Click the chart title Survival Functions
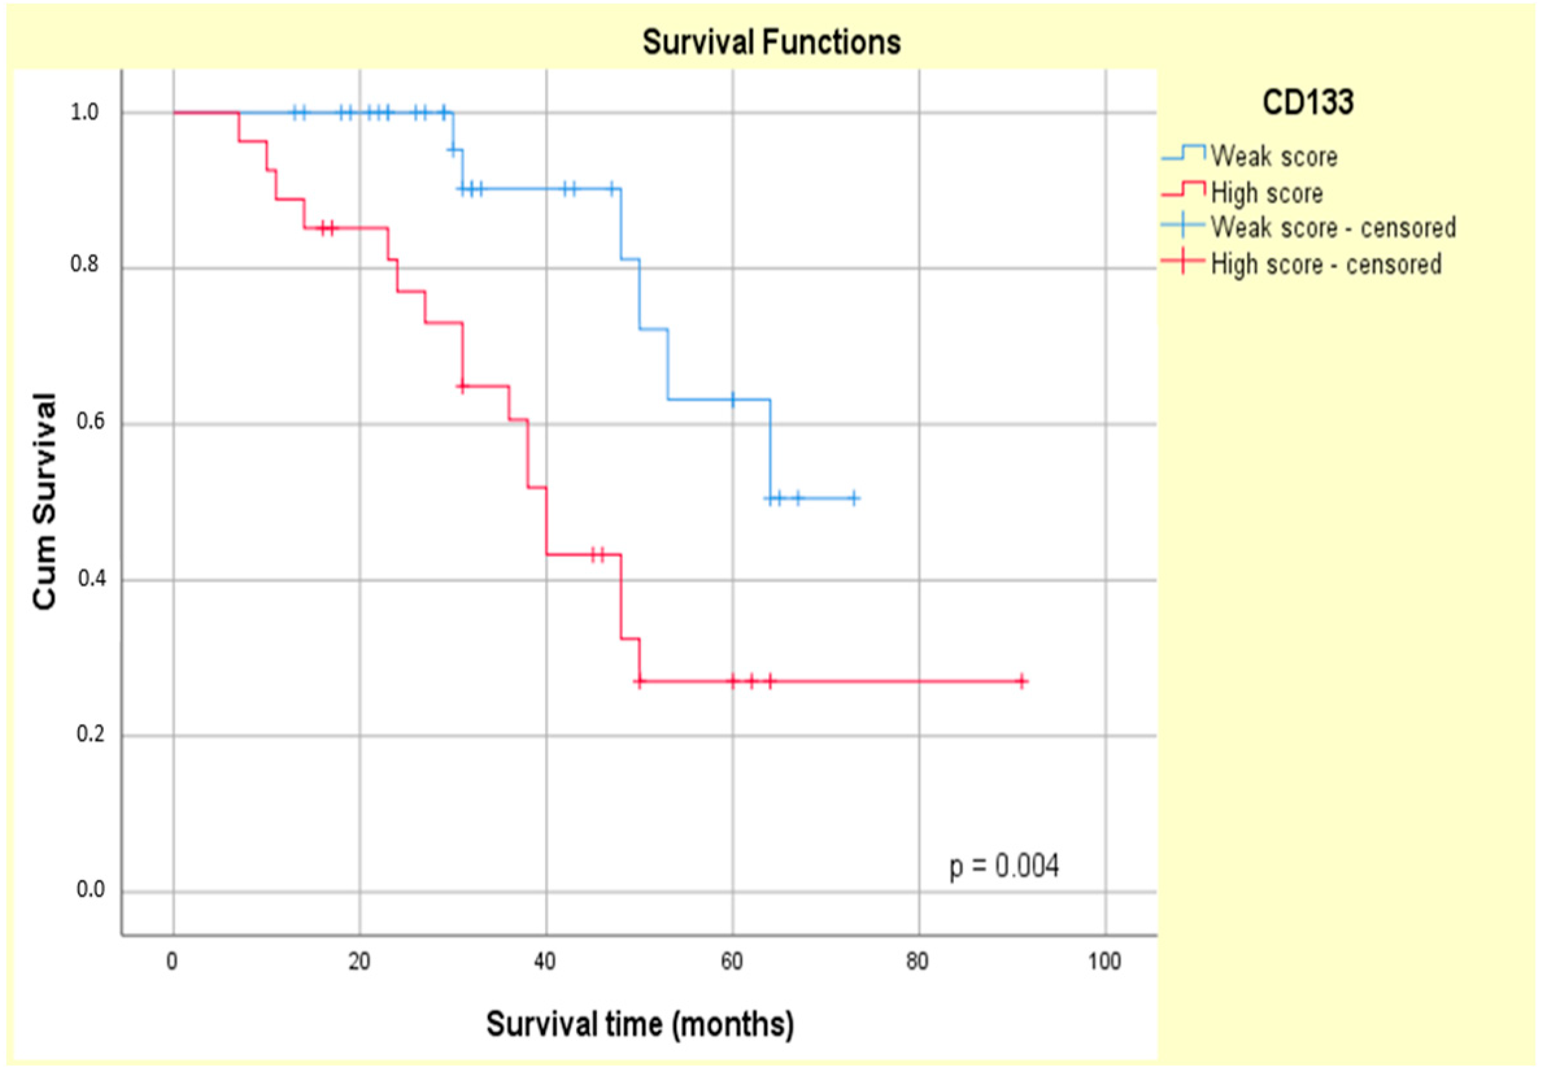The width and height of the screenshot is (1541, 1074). (771, 42)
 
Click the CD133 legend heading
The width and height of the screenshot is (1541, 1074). (1307, 103)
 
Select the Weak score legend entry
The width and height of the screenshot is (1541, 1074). (1273, 156)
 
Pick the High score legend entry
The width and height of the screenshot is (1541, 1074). (1267, 193)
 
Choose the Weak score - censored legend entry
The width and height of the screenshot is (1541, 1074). (1333, 228)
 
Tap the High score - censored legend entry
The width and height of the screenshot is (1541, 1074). (1326, 264)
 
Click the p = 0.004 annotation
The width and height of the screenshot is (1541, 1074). (1003, 866)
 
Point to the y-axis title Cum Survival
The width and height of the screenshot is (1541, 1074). (44, 502)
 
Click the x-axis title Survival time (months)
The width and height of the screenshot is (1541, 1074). (640, 1023)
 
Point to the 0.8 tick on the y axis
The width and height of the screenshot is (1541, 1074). (84, 265)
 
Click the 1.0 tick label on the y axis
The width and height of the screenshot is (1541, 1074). (84, 112)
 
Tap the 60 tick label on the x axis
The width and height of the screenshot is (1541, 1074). (732, 962)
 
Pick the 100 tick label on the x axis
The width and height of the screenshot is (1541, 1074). (1104, 962)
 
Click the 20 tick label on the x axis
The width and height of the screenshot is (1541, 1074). (359, 962)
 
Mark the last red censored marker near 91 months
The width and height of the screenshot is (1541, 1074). (1021, 681)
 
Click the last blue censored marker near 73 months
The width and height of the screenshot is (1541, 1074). (854, 498)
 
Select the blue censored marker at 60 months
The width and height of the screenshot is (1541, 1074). (733, 399)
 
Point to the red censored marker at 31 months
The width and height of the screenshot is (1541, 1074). (462, 386)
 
